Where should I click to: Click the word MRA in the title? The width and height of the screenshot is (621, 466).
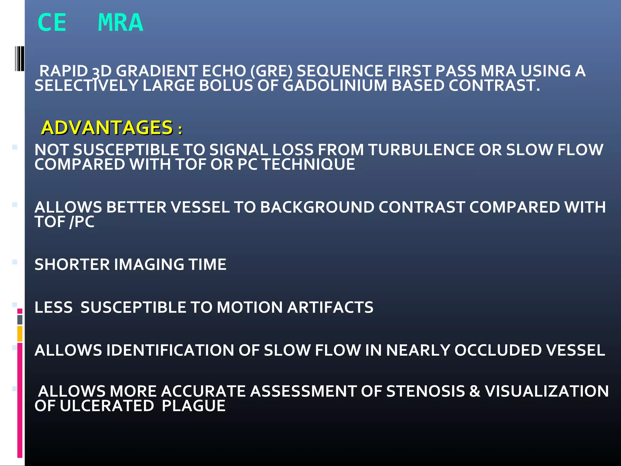click(120, 23)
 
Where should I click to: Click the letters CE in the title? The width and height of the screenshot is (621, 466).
click(52, 23)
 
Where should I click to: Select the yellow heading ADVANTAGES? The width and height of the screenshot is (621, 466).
click(107, 127)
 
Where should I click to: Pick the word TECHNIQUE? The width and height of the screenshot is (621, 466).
click(308, 164)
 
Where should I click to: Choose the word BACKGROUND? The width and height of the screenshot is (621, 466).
click(317, 208)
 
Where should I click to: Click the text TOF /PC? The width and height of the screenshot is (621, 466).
click(64, 222)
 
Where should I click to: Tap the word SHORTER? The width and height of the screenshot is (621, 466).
click(72, 265)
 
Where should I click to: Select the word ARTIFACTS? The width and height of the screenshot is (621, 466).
click(330, 307)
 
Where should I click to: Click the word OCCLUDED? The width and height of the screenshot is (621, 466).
click(498, 350)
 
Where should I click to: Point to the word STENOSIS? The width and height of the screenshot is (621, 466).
click(425, 391)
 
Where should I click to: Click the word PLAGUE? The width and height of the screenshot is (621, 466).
click(193, 406)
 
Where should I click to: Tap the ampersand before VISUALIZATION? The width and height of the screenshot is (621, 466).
click(475, 391)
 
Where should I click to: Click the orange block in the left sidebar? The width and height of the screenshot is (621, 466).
click(20, 333)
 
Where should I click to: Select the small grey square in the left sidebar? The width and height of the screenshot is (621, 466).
click(20, 319)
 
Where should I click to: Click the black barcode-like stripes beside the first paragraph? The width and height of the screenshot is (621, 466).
click(20, 59)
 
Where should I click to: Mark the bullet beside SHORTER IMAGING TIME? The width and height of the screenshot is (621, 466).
click(15, 262)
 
